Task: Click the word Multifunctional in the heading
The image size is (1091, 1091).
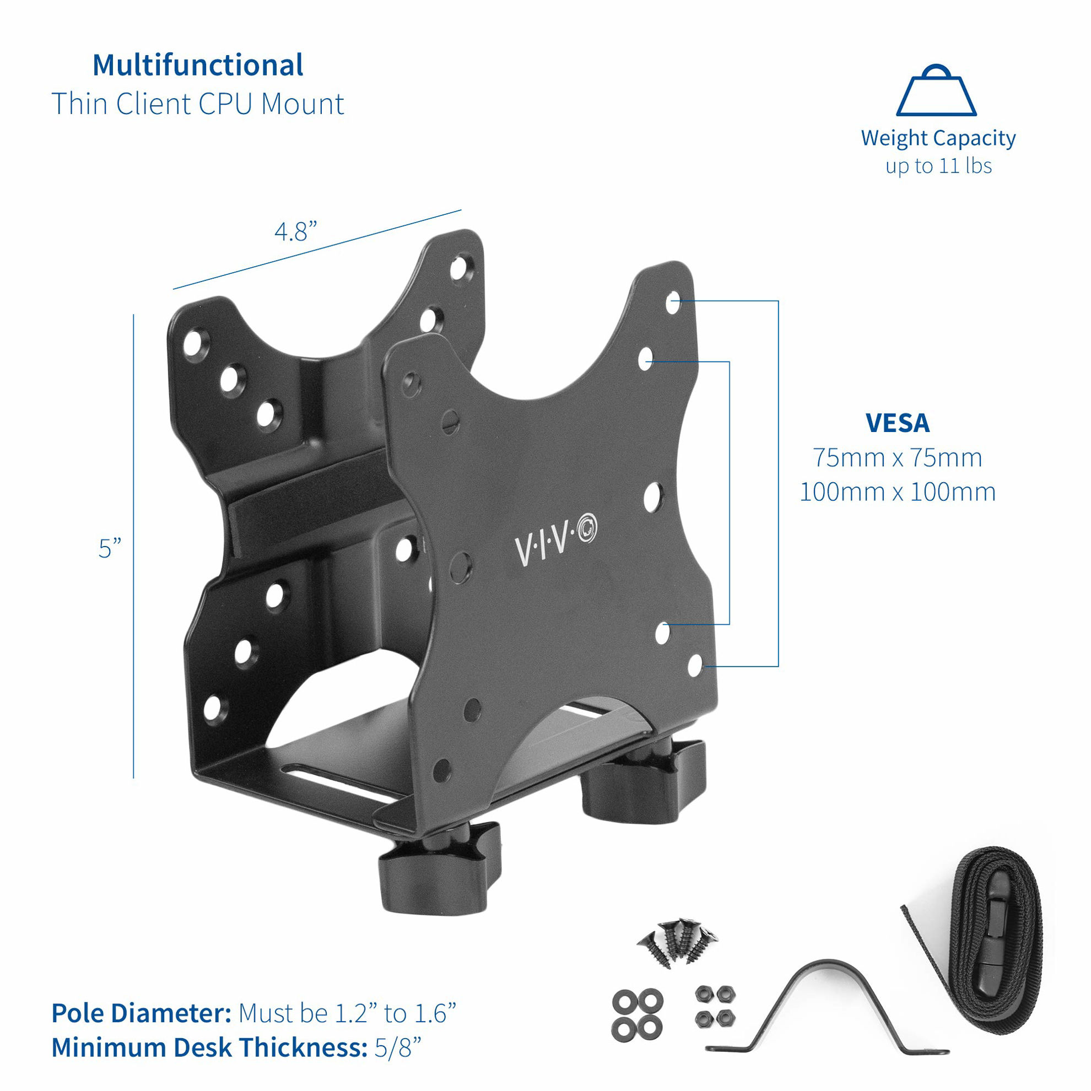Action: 198,65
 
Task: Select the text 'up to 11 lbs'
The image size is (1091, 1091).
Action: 938,166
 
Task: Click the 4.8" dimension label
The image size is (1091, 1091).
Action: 295,231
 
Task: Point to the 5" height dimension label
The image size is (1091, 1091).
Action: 110,549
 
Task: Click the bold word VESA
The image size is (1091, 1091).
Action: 897,424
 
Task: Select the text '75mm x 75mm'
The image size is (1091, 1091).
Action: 897,458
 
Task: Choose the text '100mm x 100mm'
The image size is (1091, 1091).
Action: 897,492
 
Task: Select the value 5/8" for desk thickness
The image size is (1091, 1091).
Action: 398,1047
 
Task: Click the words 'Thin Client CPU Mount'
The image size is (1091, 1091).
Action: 198,104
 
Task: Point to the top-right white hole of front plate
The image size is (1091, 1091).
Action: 673,303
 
